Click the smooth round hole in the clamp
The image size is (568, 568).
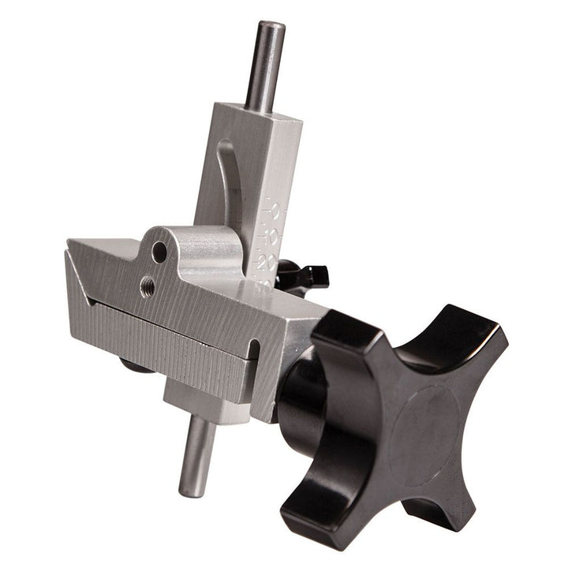click(x=159, y=252)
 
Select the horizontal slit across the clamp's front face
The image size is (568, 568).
click(x=166, y=323)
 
